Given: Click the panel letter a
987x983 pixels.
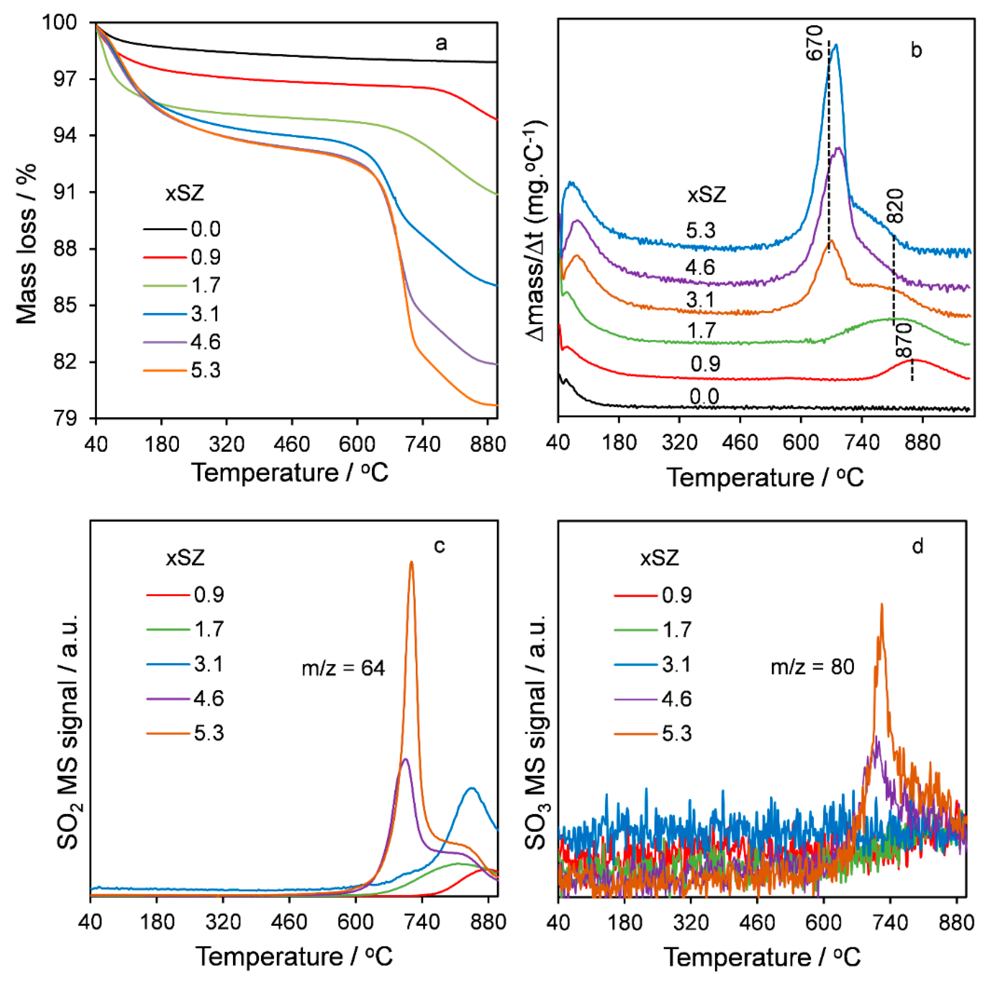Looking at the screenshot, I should click(x=441, y=43).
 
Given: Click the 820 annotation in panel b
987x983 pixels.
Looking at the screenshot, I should click(x=896, y=205).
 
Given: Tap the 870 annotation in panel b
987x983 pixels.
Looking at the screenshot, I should click(x=904, y=341).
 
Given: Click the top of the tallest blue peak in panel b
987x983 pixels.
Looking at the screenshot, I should click(x=836, y=45).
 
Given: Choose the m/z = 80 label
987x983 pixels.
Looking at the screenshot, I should click(x=812, y=667).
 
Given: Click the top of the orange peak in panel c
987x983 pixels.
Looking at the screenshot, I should click(x=411, y=562).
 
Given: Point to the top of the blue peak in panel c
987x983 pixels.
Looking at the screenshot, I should click(x=471, y=788).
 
